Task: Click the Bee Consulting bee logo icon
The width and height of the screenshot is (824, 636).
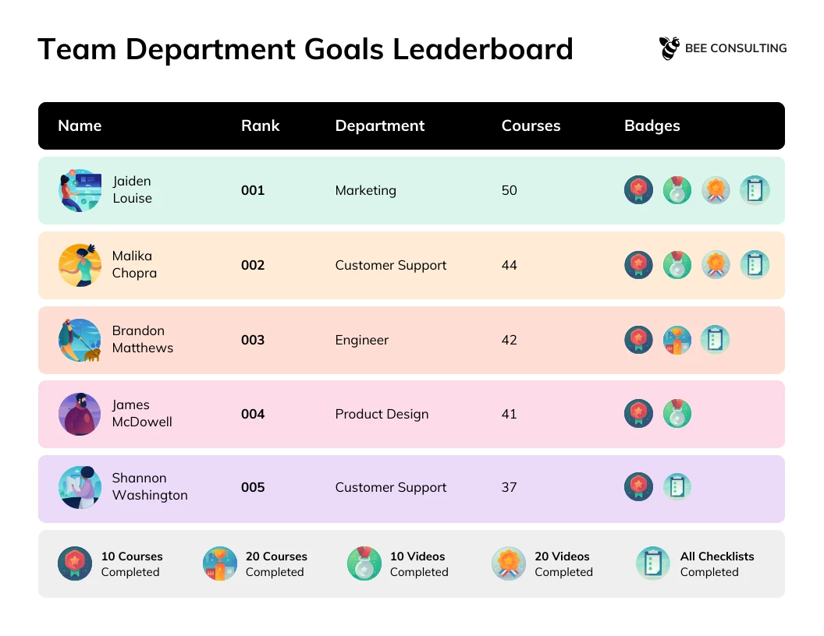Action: point(669,48)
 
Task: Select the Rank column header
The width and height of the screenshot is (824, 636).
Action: point(260,125)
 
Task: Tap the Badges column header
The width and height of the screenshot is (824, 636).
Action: point(652,125)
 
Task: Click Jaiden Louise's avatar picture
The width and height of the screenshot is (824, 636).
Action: point(80,190)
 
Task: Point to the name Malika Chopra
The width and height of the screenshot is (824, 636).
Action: point(134,264)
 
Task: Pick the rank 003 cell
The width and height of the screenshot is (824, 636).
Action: point(253,340)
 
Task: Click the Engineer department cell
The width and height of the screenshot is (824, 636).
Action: point(361,340)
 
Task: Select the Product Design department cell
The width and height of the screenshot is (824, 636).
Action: point(382,414)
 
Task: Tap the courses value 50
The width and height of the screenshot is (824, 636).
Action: point(509,190)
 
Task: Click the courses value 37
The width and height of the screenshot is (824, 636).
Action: point(509,487)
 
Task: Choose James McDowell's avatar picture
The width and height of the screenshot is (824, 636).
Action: point(80,414)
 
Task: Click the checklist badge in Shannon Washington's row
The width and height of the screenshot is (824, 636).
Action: point(677,487)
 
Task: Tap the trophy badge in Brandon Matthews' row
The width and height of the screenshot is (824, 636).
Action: point(677,340)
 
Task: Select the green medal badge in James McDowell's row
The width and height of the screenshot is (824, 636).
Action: point(677,414)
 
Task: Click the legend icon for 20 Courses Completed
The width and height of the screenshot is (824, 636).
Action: point(220,564)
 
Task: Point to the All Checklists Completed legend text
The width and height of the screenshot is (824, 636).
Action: point(716,564)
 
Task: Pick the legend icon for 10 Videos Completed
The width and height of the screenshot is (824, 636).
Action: point(364,564)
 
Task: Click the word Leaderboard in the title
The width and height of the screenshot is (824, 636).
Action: point(482,49)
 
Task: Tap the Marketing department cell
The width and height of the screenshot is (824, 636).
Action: point(365,190)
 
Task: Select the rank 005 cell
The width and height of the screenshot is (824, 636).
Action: point(253,487)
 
